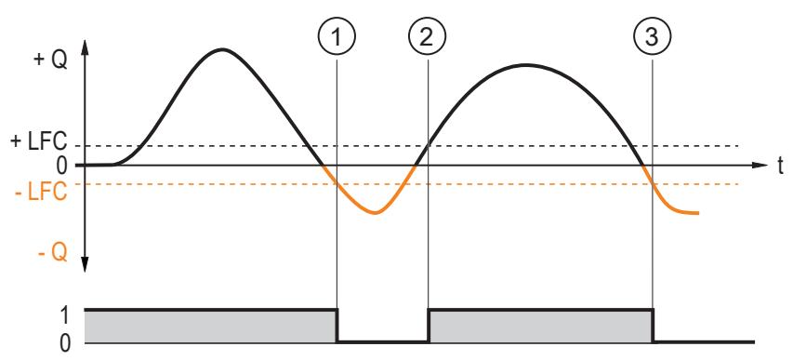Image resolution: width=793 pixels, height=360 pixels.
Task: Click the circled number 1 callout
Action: (x=337, y=37)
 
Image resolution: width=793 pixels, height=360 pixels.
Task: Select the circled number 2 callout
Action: (x=428, y=37)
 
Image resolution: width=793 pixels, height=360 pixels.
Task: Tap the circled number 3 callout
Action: (x=653, y=37)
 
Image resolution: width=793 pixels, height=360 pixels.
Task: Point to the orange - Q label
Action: (x=53, y=253)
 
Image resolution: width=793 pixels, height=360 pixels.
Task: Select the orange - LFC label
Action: (x=41, y=193)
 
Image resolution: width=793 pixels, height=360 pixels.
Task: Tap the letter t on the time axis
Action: (x=780, y=167)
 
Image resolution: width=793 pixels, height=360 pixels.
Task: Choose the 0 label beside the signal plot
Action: (x=65, y=344)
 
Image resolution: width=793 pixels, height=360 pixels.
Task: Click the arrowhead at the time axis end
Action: (x=760, y=165)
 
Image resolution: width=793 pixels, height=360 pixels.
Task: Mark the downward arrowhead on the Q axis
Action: (x=85, y=264)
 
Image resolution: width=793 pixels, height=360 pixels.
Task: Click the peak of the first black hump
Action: (x=222, y=49)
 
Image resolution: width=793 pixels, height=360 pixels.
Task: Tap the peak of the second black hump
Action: (x=526, y=65)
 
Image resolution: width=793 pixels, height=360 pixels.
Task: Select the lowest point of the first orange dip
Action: (x=376, y=213)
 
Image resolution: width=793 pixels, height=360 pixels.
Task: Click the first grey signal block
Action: (x=210, y=327)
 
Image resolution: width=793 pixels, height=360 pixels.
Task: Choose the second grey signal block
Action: (x=541, y=327)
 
